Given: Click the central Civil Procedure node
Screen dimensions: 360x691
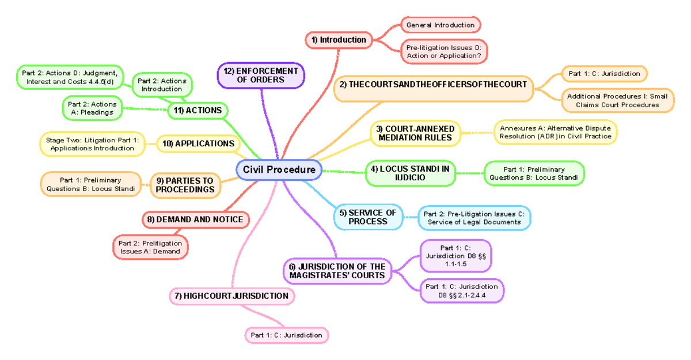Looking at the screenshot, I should point(279,170).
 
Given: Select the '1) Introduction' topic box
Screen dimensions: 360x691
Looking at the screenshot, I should point(339,40).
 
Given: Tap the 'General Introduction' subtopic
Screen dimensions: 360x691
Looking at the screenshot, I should point(441,25).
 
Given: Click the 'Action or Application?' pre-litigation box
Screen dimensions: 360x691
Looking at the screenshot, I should point(444,51).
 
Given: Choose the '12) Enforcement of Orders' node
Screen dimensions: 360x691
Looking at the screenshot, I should point(261,75).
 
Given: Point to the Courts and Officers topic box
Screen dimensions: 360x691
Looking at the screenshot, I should point(434,85).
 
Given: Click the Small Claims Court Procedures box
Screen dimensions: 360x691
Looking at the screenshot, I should point(617,101).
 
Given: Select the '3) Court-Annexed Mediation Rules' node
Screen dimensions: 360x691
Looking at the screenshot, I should point(415,134).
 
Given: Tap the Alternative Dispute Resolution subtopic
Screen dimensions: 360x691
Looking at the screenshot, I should point(556,132).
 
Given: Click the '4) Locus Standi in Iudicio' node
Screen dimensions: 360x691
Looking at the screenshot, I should point(410,173).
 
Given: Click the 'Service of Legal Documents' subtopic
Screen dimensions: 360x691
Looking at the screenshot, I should point(474,218).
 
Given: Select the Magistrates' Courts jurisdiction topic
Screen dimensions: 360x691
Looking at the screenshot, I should point(337,271).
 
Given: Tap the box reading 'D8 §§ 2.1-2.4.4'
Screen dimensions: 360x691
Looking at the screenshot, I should point(461,291).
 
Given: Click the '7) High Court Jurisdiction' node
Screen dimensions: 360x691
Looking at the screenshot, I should point(232,296).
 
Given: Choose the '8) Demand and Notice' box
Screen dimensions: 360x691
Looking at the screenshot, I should point(196,219).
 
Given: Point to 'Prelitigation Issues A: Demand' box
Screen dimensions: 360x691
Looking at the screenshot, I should point(150,247).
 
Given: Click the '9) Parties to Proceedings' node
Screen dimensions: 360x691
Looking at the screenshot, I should point(185,185).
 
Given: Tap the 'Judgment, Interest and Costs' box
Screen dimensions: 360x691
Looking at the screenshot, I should point(70,77).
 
